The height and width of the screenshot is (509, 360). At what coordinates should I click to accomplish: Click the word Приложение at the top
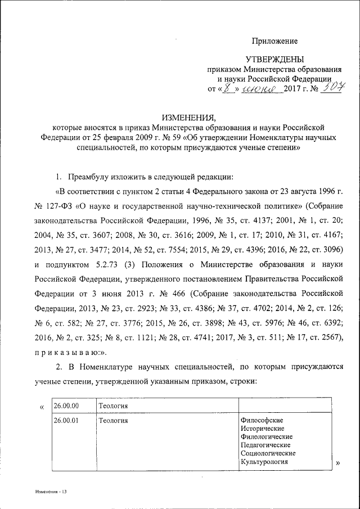274,40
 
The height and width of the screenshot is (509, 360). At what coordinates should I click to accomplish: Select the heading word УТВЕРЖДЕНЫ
274,59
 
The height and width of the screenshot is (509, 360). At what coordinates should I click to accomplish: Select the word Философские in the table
262,420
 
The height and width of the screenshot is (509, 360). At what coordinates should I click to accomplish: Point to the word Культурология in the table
264,462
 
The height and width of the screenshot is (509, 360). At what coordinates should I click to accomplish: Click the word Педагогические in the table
265,445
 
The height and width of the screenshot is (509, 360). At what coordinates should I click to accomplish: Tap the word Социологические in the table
268,453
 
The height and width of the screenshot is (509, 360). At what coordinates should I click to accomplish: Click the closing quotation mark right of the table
338,462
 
